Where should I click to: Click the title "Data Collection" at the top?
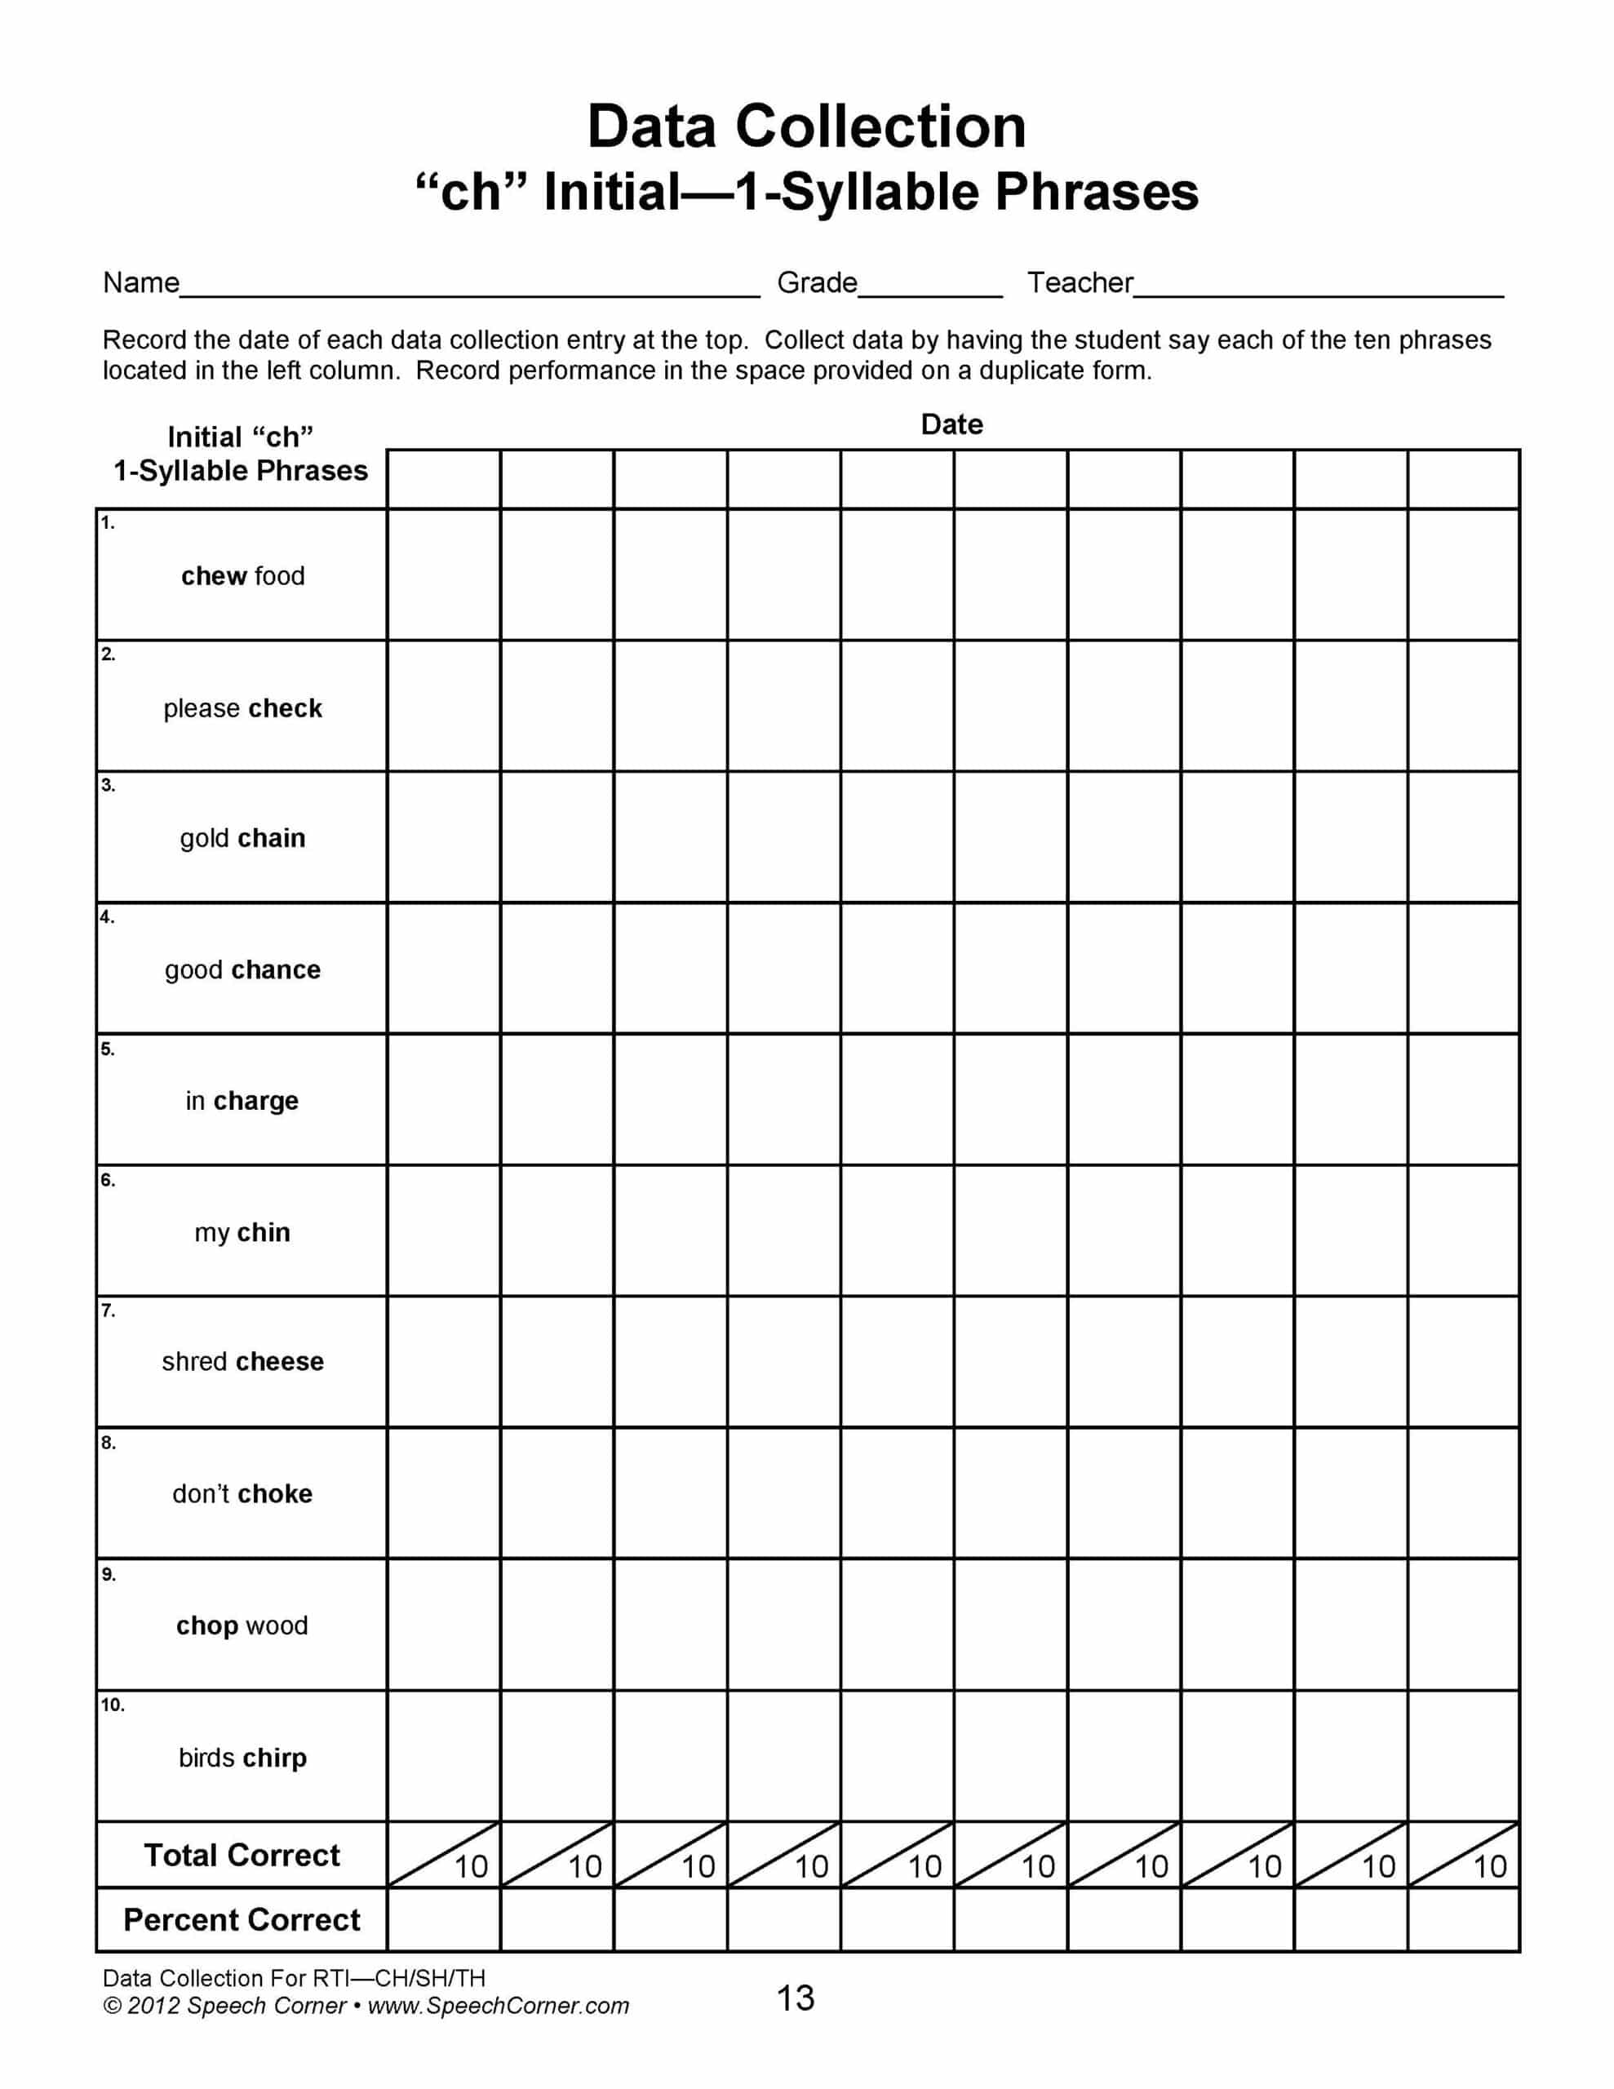pyautogui.click(x=805, y=126)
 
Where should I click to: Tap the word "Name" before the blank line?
pyautogui.click(x=140, y=283)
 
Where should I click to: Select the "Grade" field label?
pyautogui.click(x=816, y=283)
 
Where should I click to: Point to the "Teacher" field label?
pyautogui.click(x=1080, y=283)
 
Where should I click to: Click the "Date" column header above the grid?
pyautogui.click(x=951, y=424)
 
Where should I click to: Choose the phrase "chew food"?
pyautogui.click(x=243, y=576)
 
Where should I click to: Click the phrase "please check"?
pyautogui.click(x=243, y=707)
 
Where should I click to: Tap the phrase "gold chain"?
pyautogui.click(x=243, y=838)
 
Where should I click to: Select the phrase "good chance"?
pyautogui.click(x=243, y=970)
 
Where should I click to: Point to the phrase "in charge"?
pyautogui.click(x=242, y=1101)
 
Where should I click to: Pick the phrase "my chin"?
pyautogui.click(x=242, y=1232)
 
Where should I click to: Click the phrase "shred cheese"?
pyautogui.click(x=243, y=1361)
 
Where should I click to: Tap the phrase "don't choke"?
pyautogui.click(x=242, y=1493)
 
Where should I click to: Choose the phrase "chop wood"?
pyautogui.click(x=242, y=1626)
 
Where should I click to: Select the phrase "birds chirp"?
pyautogui.click(x=243, y=1757)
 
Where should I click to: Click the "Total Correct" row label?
pyautogui.click(x=242, y=1855)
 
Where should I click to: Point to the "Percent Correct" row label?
pyautogui.click(x=242, y=1920)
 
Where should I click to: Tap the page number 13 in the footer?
pyautogui.click(x=795, y=1997)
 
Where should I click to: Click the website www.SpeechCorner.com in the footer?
pyautogui.click(x=499, y=2006)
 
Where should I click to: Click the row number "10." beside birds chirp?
pyautogui.click(x=113, y=1705)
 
